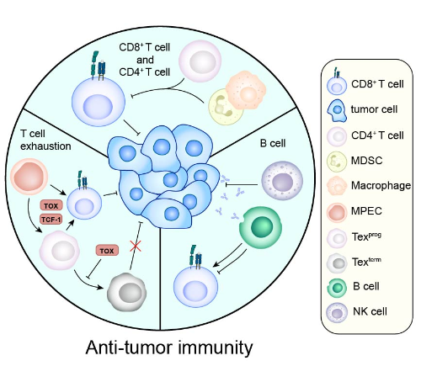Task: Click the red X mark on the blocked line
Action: coord(136,246)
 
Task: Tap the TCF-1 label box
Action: coord(51,220)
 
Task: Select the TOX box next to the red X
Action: coord(107,251)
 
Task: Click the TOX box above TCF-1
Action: coord(51,205)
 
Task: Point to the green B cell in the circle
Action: coord(260,227)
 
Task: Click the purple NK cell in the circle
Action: coord(282,180)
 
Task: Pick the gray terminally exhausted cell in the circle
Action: coord(126,292)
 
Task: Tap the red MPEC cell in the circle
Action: coord(29,177)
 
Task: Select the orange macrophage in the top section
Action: coord(246,90)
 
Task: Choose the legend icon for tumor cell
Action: coord(337,110)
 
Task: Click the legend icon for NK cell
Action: coord(337,313)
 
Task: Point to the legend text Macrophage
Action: coord(381,185)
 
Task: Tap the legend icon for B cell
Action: coord(337,288)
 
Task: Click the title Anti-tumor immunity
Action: coord(169,348)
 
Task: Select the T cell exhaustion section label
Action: coord(45,140)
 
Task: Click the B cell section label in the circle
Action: coord(273,143)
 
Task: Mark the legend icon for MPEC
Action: coord(337,212)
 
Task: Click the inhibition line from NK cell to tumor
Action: coord(242,184)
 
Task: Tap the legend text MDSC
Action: coord(366,161)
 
